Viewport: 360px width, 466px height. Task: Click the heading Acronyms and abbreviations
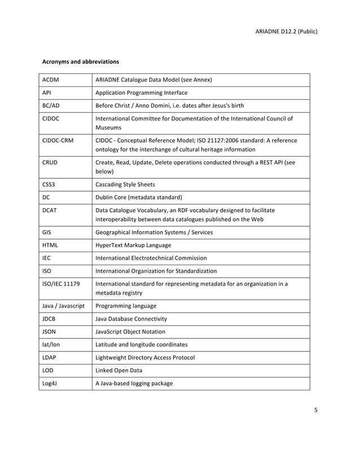81,60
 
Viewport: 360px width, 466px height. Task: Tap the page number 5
316,410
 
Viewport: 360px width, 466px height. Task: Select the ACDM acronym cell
51,80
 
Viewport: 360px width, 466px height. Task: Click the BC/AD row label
51,105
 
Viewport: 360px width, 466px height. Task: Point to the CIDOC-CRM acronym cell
59,140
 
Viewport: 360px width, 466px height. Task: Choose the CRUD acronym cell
51,162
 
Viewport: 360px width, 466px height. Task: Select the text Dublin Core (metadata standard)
139,197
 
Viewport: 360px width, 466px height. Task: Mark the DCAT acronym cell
51,210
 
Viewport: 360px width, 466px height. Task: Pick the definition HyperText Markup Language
134,245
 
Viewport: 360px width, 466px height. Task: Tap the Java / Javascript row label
64,305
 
